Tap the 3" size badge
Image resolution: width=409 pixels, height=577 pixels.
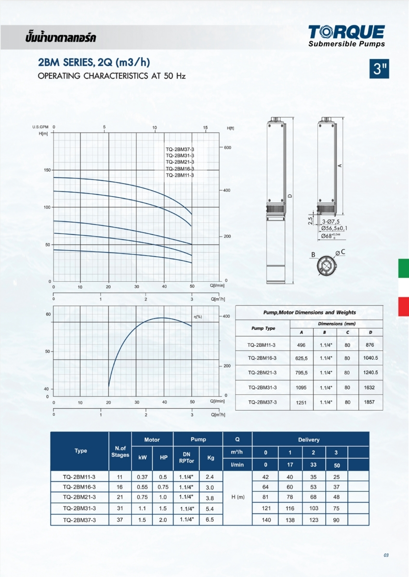[x=379, y=69]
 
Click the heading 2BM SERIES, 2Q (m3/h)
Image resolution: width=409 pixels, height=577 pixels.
[x=94, y=63]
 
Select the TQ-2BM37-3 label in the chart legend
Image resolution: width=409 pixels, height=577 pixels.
[x=180, y=150]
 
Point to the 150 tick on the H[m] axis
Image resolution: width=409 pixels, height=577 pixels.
[x=47, y=170]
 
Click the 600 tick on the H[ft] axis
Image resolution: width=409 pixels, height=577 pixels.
[x=227, y=148]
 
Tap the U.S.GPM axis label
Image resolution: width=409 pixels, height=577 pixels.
[x=40, y=127]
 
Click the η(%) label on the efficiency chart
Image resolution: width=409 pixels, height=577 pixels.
[x=198, y=316]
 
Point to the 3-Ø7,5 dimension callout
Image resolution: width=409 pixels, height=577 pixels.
[x=331, y=222]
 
